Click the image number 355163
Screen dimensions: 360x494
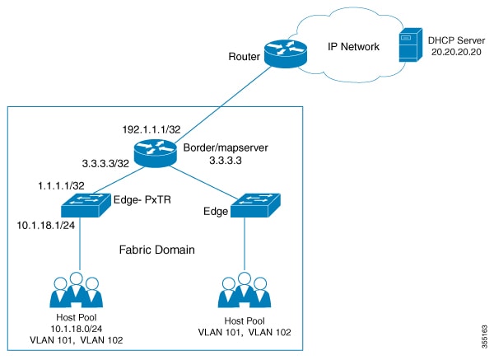click(484, 333)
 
